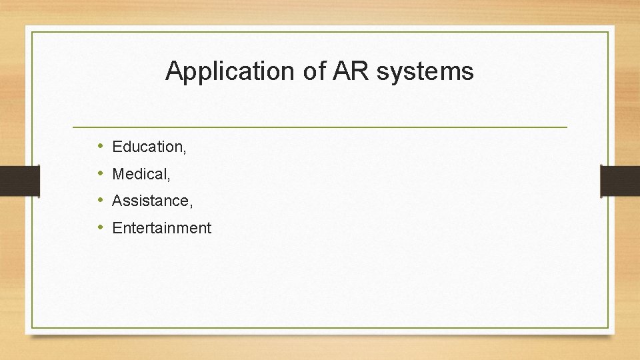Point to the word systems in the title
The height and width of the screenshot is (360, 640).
click(425, 71)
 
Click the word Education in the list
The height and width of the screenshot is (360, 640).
click(147, 147)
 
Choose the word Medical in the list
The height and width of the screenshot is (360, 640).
click(139, 174)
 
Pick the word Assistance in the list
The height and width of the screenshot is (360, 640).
click(150, 201)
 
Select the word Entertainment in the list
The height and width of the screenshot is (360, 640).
click(162, 228)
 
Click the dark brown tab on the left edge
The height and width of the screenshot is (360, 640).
click(11, 181)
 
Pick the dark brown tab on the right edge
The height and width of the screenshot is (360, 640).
click(620, 181)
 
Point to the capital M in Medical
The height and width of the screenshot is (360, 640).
click(119, 174)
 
